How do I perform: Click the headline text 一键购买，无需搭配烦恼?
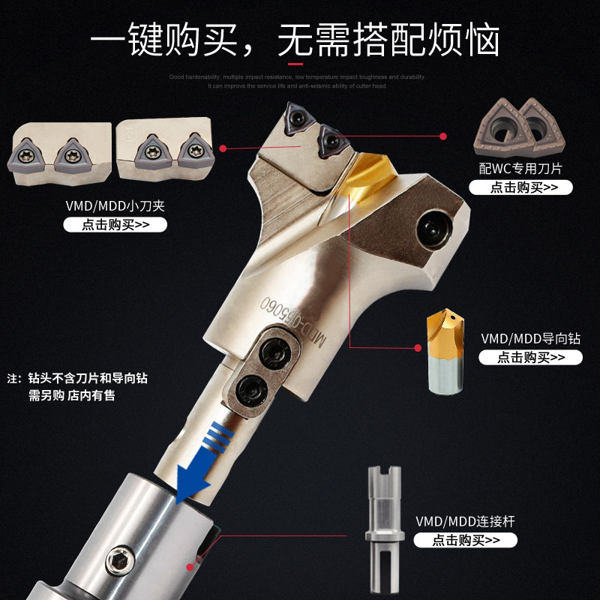(x=295, y=39)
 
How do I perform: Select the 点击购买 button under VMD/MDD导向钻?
(x=530, y=357)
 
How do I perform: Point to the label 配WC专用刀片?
(x=520, y=167)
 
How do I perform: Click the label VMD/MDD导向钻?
(x=530, y=337)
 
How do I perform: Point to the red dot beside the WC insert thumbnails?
(x=442, y=136)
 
